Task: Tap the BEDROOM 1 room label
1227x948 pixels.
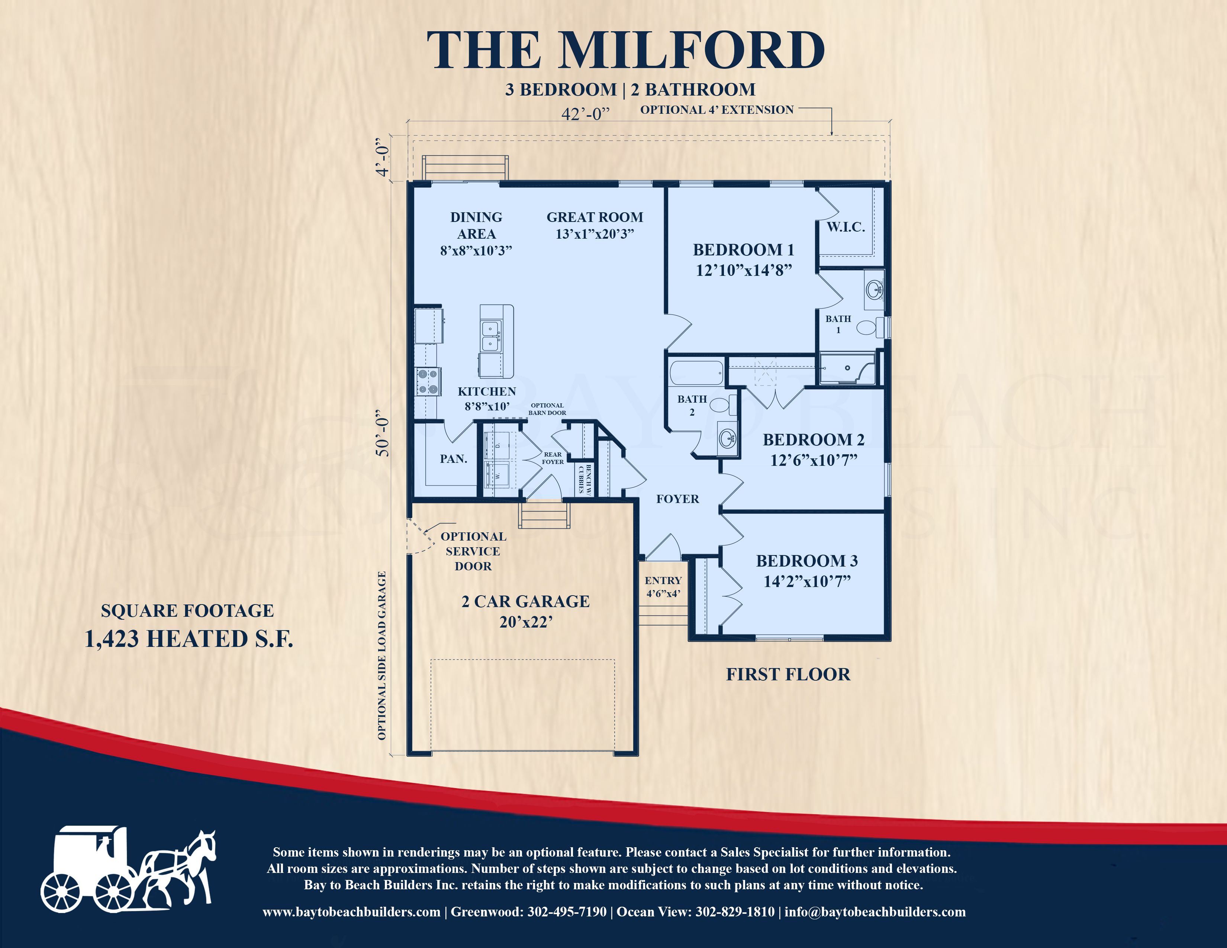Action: [743, 250]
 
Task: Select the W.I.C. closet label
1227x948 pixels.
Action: [846, 228]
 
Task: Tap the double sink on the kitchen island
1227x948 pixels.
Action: [491, 336]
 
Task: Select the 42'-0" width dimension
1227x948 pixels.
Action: [585, 114]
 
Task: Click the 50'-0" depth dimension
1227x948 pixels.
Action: [383, 432]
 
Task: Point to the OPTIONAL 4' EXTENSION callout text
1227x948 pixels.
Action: [717, 110]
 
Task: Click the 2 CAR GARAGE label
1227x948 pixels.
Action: [525, 602]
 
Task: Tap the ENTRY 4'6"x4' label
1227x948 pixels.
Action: [663, 586]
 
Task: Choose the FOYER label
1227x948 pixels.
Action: [677, 499]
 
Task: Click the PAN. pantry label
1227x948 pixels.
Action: [453, 459]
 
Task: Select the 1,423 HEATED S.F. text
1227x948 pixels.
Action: [189, 639]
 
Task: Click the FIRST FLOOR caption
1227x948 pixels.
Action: [788, 674]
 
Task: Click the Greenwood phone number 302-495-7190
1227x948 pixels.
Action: [567, 912]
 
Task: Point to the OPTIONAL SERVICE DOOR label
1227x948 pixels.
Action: [473, 551]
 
